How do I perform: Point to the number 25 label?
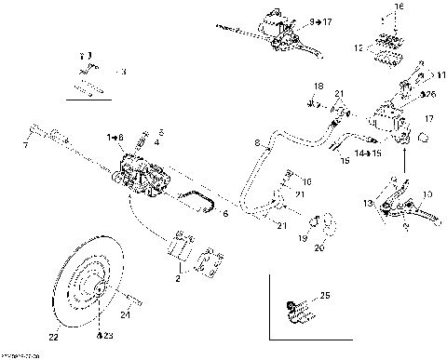pyautogui.click(x=325, y=296)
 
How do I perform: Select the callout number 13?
pyautogui.click(x=368, y=203)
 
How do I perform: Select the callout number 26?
pyautogui.click(x=429, y=94)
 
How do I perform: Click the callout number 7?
pyautogui.click(x=25, y=145)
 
